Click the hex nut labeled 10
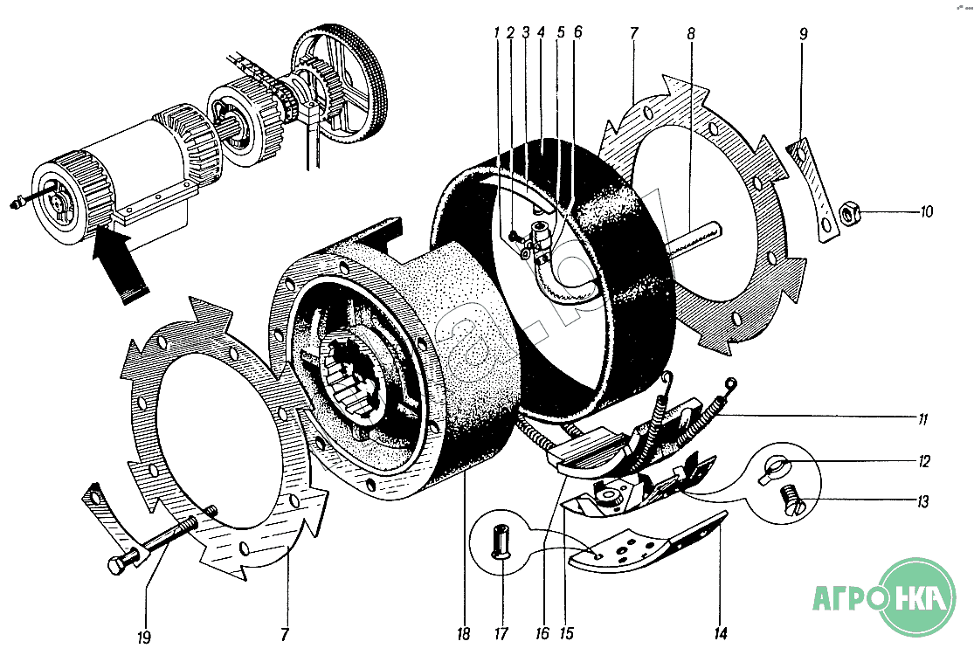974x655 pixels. pos(850,212)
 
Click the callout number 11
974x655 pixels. pos(922,420)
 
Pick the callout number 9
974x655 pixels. pos(803,34)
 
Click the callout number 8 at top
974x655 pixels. pos(690,34)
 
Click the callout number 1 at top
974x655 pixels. pos(496,33)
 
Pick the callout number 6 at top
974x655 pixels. pos(577,33)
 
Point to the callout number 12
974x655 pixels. pos(923,460)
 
